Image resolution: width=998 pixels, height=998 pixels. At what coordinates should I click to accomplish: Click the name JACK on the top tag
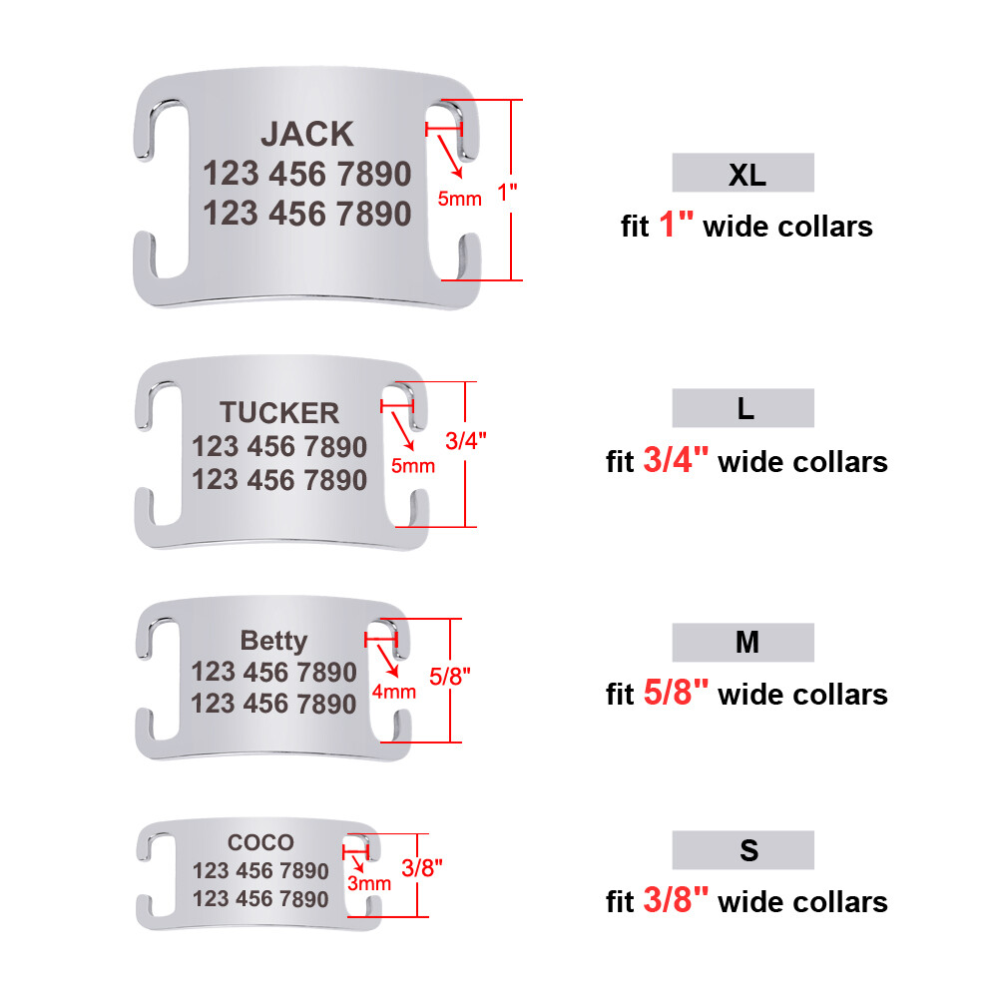pos(307,135)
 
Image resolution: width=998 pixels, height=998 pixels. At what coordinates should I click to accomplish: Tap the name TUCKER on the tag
pos(279,412)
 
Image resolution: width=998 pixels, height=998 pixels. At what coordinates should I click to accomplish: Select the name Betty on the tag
pos(273,641)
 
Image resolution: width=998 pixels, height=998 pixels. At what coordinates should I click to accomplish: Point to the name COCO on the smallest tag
pos(260,842)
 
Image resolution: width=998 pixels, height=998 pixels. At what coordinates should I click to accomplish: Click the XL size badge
pos(743,173)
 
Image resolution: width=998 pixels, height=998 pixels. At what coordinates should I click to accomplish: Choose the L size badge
pos(743,408)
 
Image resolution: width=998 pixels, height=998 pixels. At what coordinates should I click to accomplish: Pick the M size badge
pos(743,642)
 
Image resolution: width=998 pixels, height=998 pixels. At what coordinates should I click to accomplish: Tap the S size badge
pos(743,850)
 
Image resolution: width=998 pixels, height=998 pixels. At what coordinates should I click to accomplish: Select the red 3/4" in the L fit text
pos(676,459)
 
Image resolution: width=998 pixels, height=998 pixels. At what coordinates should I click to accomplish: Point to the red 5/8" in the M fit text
pos(676,692)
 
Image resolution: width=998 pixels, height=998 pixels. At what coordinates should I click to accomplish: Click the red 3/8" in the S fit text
pos(676,900)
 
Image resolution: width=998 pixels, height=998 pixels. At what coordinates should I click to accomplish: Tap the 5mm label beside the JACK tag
pos(459,199)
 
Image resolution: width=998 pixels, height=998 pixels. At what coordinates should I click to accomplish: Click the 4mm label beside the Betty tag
pos(394,692)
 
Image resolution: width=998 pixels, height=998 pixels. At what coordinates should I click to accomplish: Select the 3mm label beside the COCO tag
pos(369,883)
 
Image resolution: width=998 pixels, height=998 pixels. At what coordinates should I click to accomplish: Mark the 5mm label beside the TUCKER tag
pos(413,466)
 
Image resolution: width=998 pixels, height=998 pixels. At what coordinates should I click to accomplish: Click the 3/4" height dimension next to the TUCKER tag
pos(466,440)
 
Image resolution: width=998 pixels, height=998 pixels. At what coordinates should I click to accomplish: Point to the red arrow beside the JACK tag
pos(449,157)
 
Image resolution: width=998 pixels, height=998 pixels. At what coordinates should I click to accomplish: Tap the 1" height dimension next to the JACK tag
pos(507,193)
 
